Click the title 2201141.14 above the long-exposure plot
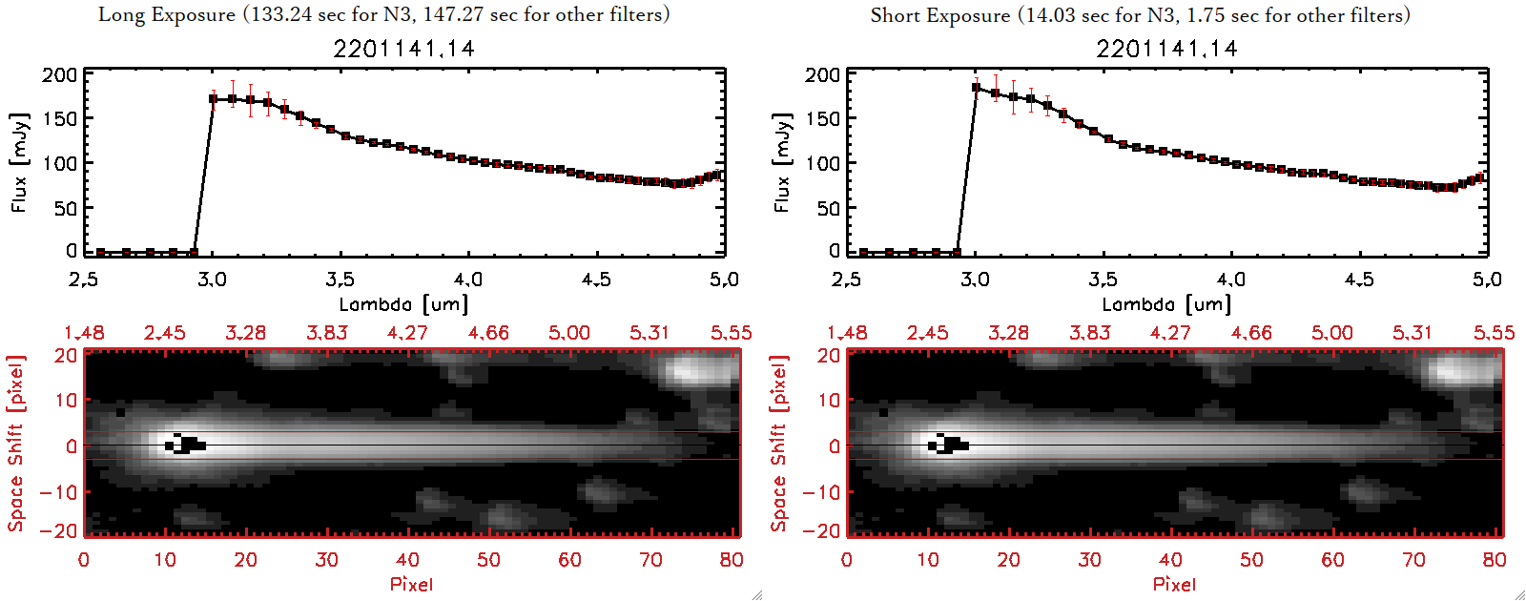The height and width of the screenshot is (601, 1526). [x=403, y=49]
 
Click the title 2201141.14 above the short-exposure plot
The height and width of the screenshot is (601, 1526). [x=1166, y=49]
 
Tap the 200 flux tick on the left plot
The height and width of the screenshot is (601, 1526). [x=60, y=74]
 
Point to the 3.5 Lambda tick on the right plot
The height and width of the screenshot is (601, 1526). [x=1103, y=279]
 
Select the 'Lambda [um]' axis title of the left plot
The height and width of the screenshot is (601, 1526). [x=403, y=304]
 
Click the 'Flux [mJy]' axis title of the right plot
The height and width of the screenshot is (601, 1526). [x=782, y=162]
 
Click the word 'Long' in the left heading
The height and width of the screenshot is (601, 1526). [x=119, y=14]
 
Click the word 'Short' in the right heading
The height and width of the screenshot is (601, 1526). [x=893, y=15]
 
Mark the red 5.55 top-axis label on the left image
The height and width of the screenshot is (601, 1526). [x=731, y=332]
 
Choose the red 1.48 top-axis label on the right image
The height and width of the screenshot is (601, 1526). [x=847, y=332]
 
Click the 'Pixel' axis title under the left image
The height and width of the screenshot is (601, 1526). [x=411, y=584]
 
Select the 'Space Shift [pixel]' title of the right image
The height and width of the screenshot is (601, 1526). [x=779, y=444]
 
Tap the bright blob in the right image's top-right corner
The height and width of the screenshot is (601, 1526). [x=1459, y=370]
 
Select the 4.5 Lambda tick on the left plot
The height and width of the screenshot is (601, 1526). [x=596, y=279]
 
